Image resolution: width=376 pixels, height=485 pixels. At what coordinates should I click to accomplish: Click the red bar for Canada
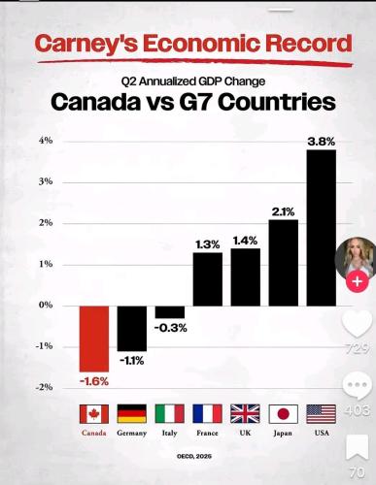point(94,338)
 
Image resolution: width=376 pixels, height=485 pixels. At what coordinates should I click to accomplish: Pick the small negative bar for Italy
point(170,311)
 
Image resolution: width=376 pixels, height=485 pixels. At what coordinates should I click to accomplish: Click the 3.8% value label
point(321,142)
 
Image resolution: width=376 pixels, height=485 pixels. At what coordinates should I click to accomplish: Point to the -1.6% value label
point(94,381)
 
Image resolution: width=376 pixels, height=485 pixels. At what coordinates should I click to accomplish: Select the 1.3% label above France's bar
point(207,244)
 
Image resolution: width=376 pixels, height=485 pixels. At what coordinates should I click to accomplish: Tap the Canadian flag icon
point(94,413)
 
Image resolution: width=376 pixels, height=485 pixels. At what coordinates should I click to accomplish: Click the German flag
point(132,413)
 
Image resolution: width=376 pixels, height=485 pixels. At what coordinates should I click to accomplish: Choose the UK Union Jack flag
point(245,413)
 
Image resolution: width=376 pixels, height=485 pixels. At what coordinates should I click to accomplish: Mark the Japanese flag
point(283,413)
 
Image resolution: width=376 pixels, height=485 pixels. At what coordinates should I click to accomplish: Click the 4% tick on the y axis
point(46,141)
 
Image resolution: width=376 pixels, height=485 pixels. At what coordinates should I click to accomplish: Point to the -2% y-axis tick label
point(45,387)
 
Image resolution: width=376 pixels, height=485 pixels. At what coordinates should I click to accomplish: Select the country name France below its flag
point(207,434)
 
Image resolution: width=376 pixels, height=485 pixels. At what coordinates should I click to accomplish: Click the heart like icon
point(357,324)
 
